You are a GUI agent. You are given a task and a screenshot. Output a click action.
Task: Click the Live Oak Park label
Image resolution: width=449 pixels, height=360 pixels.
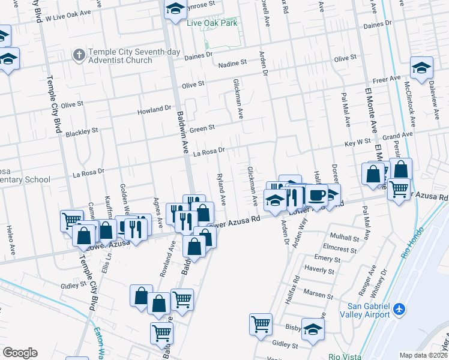212,23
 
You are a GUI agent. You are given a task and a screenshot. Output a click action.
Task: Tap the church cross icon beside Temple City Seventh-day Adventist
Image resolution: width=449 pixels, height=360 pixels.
78,56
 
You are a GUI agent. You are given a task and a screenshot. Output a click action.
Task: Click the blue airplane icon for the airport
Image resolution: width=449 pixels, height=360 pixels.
399,310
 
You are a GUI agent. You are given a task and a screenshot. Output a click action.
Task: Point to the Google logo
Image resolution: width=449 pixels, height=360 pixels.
20,353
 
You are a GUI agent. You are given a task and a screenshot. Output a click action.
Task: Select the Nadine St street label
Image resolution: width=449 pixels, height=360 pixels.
232,62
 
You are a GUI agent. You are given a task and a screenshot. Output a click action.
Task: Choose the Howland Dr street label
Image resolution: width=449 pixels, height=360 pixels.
154,110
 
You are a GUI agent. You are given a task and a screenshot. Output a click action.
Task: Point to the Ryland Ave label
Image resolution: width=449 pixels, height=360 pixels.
221,188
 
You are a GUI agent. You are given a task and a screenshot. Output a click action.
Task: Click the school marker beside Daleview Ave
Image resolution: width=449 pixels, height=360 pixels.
421,68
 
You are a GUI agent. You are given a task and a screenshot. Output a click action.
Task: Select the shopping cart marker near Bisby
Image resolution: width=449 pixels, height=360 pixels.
261,324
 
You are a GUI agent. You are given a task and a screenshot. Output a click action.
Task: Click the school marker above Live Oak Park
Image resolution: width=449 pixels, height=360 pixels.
175,9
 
